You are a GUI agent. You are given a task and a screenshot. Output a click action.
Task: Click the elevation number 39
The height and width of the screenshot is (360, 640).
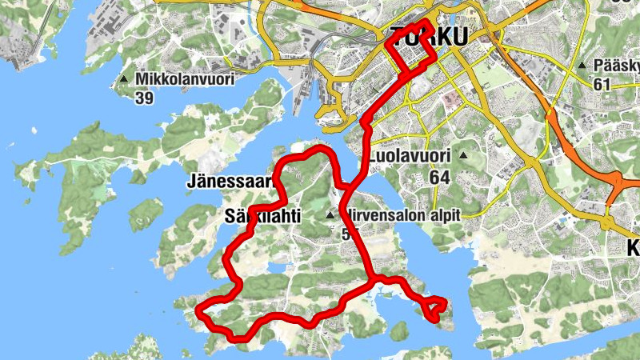coord(145,98)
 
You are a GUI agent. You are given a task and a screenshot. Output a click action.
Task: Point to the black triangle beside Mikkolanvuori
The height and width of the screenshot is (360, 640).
coord(124,79)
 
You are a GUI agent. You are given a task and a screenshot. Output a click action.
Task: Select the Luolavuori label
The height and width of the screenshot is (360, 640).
coord(410,156)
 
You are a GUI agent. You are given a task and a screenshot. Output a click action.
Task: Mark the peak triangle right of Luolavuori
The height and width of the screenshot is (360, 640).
coord(462,156)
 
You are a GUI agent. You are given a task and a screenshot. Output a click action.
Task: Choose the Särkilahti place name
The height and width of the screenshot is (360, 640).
coord(261,215)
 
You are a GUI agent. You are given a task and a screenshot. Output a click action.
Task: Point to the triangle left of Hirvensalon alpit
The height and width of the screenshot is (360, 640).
coord(330,215)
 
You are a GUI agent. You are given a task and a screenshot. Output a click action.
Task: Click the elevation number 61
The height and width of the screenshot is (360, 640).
coord(602,84)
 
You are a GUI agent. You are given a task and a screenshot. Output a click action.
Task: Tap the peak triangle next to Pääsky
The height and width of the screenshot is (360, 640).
coord(582,66)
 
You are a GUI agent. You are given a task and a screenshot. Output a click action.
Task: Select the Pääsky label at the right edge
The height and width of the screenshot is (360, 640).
coord(615,66)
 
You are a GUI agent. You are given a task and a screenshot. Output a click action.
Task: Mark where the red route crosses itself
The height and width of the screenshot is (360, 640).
coord(350,191)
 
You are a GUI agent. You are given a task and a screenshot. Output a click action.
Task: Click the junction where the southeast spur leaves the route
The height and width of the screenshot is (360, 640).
coord(373,279)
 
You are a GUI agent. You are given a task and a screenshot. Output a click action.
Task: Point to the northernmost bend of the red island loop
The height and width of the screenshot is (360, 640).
coord(320,148)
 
